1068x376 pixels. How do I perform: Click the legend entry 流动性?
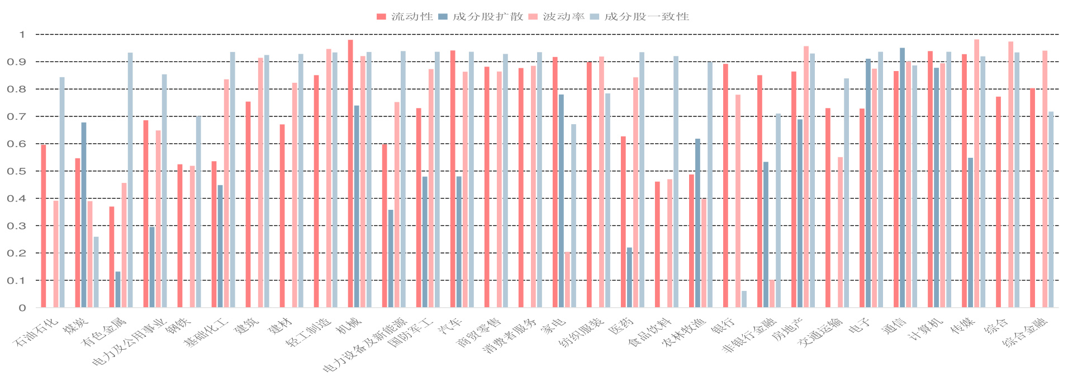405,17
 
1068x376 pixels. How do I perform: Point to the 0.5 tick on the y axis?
18,172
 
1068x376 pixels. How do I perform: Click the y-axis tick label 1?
22,35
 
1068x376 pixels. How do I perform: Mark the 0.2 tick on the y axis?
18,253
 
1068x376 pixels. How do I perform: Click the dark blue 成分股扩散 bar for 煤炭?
84,215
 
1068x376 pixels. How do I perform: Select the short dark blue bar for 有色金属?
118,289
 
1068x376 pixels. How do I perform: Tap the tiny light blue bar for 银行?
744,299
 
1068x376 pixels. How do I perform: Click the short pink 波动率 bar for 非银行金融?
772,294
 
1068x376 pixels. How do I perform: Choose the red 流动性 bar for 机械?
350,173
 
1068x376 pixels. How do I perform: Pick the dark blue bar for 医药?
629,278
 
